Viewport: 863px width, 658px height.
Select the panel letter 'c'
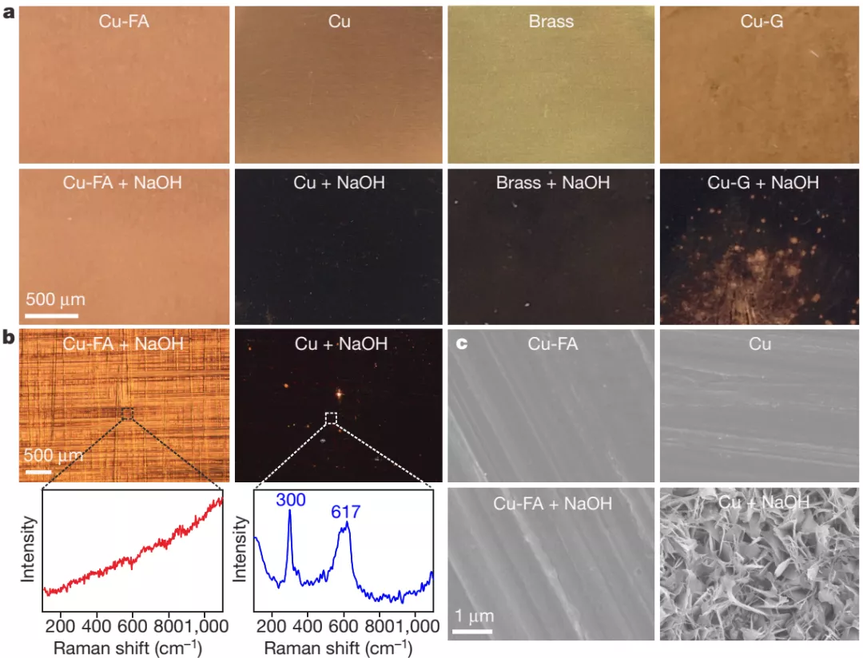click(460, 345)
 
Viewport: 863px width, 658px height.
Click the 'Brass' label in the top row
click(551, 22)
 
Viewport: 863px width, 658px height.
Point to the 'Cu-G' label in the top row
click(762, 22)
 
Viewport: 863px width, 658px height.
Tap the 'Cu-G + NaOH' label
click(763, 183)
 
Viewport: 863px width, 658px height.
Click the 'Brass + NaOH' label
click(553, 183)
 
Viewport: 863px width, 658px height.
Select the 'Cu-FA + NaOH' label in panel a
click(122, 183)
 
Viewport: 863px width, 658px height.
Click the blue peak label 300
click(291, 499)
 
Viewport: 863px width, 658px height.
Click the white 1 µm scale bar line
click(471, 635)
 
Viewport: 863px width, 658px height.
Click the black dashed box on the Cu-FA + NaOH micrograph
click(127, 413)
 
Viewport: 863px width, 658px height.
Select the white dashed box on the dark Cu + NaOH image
click(332, 418)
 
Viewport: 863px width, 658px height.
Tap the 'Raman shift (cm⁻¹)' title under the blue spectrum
click(338, 646)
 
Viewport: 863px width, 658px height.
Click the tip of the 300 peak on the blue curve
click(289, 513)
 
